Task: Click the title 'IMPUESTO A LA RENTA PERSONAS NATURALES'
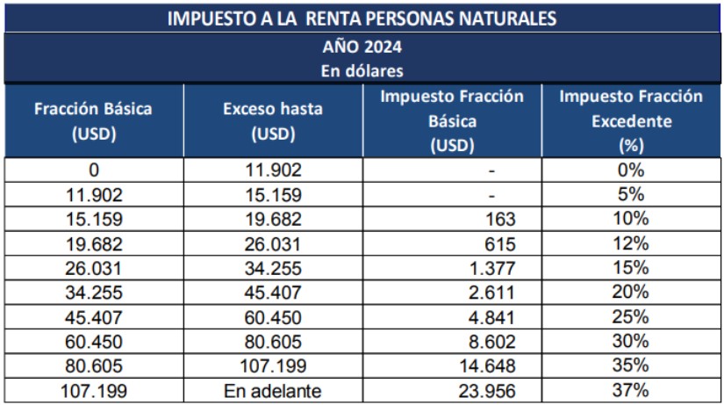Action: click(x=362, y=17)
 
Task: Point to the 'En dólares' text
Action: click(x=362, y=69)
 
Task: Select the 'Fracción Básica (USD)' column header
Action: click(x=93, y=121)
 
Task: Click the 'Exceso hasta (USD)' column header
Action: click(x=273, y=121)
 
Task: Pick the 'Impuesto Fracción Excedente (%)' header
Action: click(x=631, y=121)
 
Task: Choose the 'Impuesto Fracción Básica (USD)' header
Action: click(x=452, y=121)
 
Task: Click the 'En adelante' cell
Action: click(x=273, y=390)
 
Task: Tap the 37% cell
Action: click(x=631, y=390)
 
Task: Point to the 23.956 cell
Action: click(x=486, y=390)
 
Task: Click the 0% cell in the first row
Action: click(x=631, y=170)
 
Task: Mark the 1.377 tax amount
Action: click(x=491, y=268)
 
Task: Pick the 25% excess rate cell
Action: click(x=631, y=316)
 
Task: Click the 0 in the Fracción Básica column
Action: click(x=93, y=170)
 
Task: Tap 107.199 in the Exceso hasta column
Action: click(x=273, y=365)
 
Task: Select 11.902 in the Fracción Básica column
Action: click(x=93, y=194)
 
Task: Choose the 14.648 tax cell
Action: click(x=486, y=365)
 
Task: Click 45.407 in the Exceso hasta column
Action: click(x=273, y=293)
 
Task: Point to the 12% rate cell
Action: click(x=631, y=243)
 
